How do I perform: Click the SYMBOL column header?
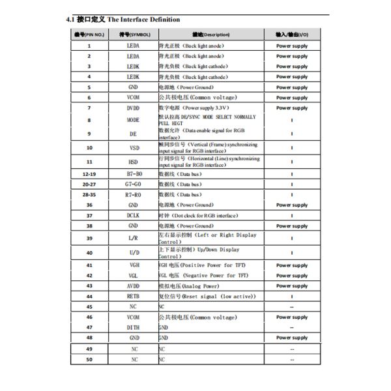(134, 34)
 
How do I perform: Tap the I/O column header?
(291, 34)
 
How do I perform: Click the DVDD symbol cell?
(134, 108)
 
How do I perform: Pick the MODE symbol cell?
(134, 121)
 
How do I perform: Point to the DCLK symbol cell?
(134, 215)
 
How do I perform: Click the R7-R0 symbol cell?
(134, 195)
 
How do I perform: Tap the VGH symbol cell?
(134, 265)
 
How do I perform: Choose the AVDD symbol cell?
(134, 286)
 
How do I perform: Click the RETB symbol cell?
(134, 297)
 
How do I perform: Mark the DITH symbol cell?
(134, 327)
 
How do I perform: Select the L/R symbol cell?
(134, 239)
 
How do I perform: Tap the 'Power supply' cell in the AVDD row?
(291, 286)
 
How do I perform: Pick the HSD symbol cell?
(134, 162)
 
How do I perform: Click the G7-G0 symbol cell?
(134, 184)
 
